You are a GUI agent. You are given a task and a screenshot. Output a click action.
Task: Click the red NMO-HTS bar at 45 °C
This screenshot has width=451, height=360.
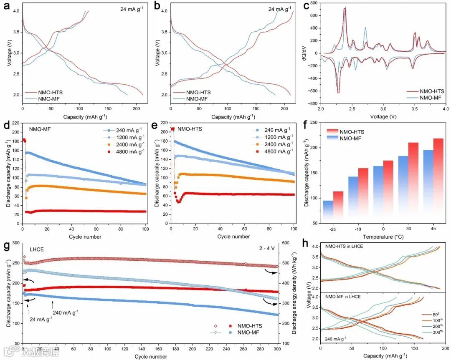[438, 179]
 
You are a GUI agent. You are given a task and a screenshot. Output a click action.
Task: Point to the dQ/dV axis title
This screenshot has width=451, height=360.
[306, 53]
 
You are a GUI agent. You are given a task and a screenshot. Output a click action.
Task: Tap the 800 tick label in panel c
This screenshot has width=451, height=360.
[314, 3]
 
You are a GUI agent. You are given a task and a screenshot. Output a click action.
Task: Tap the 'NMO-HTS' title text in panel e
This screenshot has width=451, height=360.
[190, 129]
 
